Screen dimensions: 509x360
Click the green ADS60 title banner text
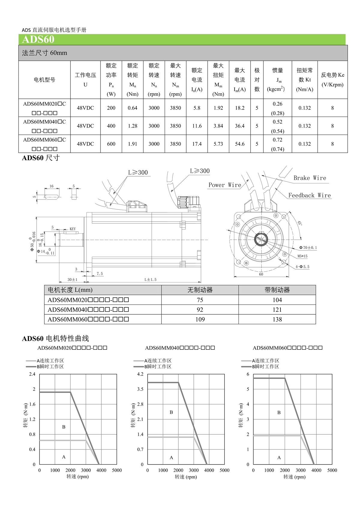(38, 40)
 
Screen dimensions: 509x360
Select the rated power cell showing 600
(111, 144)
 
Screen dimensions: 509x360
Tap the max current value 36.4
(240, 126)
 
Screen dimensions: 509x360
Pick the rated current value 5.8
(197, 108)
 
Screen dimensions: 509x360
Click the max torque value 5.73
(218, 144)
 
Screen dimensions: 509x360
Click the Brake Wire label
(310, 178)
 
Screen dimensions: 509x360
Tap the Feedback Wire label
(309, 196)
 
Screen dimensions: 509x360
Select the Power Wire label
(225, 185)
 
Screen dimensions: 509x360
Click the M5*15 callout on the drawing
(302, 256)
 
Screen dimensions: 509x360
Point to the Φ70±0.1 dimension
(308, 248)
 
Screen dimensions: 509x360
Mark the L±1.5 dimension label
(150, 280)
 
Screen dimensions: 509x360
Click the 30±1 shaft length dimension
(72, 280)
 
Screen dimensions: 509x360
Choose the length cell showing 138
(277, 319)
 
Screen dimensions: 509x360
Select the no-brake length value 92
(200, 310)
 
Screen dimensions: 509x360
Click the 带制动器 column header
(277, 290)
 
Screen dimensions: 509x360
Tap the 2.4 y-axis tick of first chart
(32, 374)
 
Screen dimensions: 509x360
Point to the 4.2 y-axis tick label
(140, 374)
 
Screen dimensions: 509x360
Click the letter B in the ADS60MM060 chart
(279, 412)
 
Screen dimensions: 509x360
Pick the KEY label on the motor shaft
(73, 229)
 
